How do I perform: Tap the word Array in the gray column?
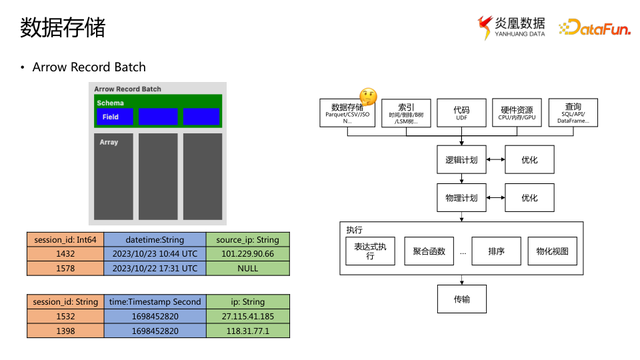click(109, 143)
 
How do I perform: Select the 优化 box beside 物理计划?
click(530, 198)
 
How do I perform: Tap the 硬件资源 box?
click(518, 111)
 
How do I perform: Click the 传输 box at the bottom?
click(461, 298)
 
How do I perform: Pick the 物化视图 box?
click(552, 252)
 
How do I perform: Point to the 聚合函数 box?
click(429, 252)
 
